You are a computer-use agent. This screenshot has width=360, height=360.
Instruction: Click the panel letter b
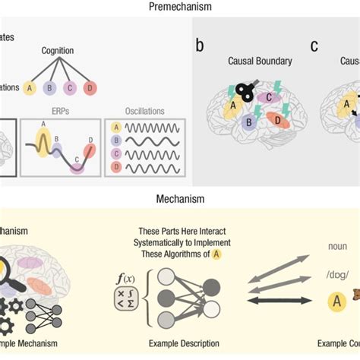coord(200,44)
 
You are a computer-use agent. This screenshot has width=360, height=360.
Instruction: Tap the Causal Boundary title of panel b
coord(251,60)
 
